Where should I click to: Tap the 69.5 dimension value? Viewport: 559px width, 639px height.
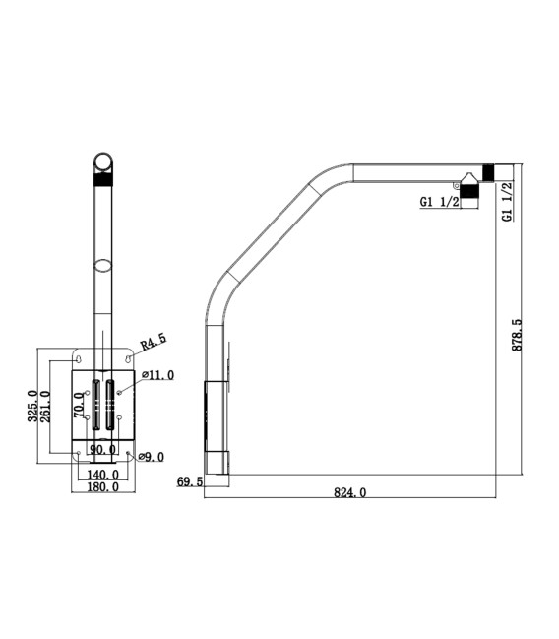click(x=189, y=481)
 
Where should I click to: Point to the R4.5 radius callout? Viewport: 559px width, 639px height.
click(x=153, y=342)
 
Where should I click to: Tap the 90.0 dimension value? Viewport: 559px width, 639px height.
click(x=102, y=450)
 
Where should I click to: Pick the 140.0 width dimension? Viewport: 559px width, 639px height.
click(x=102, y=473)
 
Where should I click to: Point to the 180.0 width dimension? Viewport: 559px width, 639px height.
click(x=102, y=485)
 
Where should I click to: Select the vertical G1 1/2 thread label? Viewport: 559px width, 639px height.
click(x=507, y=201)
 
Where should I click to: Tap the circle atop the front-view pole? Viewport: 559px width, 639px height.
click(x=102, y=160)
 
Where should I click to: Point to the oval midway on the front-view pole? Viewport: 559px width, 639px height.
click(x=102, y=265)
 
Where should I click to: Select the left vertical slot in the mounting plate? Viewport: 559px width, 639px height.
click(x=95, y=404)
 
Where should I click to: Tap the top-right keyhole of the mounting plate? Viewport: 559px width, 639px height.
click(x=128, y=359)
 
